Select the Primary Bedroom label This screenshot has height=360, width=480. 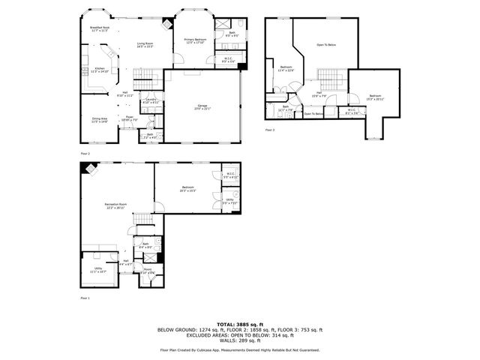194,40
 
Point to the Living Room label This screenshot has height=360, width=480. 135,46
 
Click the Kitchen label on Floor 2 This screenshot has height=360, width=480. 100,70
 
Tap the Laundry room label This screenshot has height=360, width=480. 150,100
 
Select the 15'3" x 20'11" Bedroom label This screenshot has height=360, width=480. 375,97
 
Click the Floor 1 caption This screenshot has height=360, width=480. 85,298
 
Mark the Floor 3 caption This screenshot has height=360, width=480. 270,130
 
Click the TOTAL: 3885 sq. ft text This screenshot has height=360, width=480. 239,324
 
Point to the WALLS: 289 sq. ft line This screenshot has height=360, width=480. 239,341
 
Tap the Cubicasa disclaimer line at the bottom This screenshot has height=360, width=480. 239,350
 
